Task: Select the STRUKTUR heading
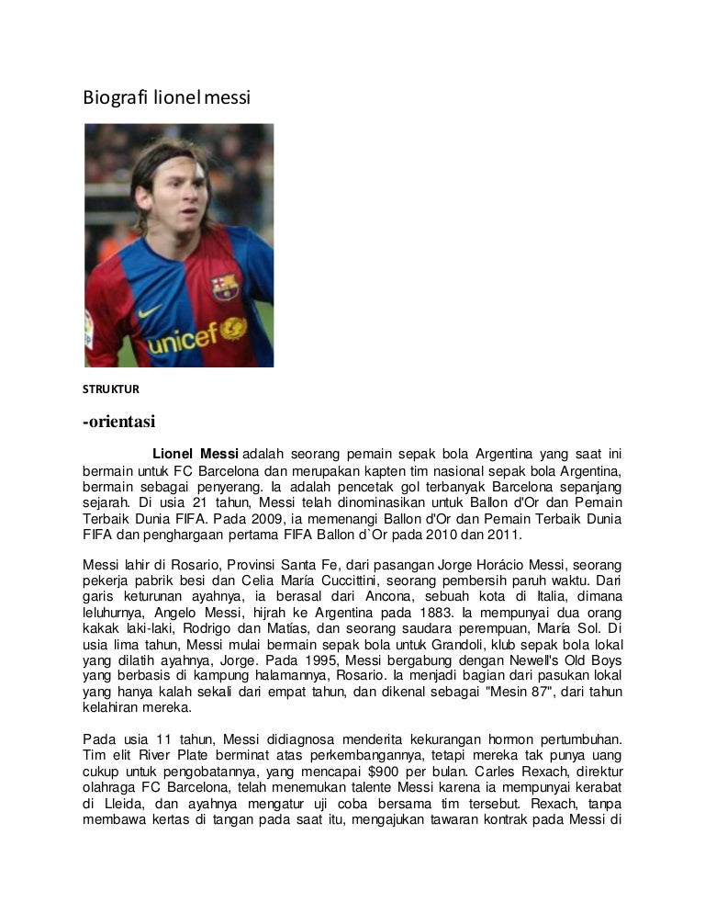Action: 112,389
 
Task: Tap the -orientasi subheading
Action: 120,422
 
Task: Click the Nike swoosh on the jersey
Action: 152,311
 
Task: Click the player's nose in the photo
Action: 186,213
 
